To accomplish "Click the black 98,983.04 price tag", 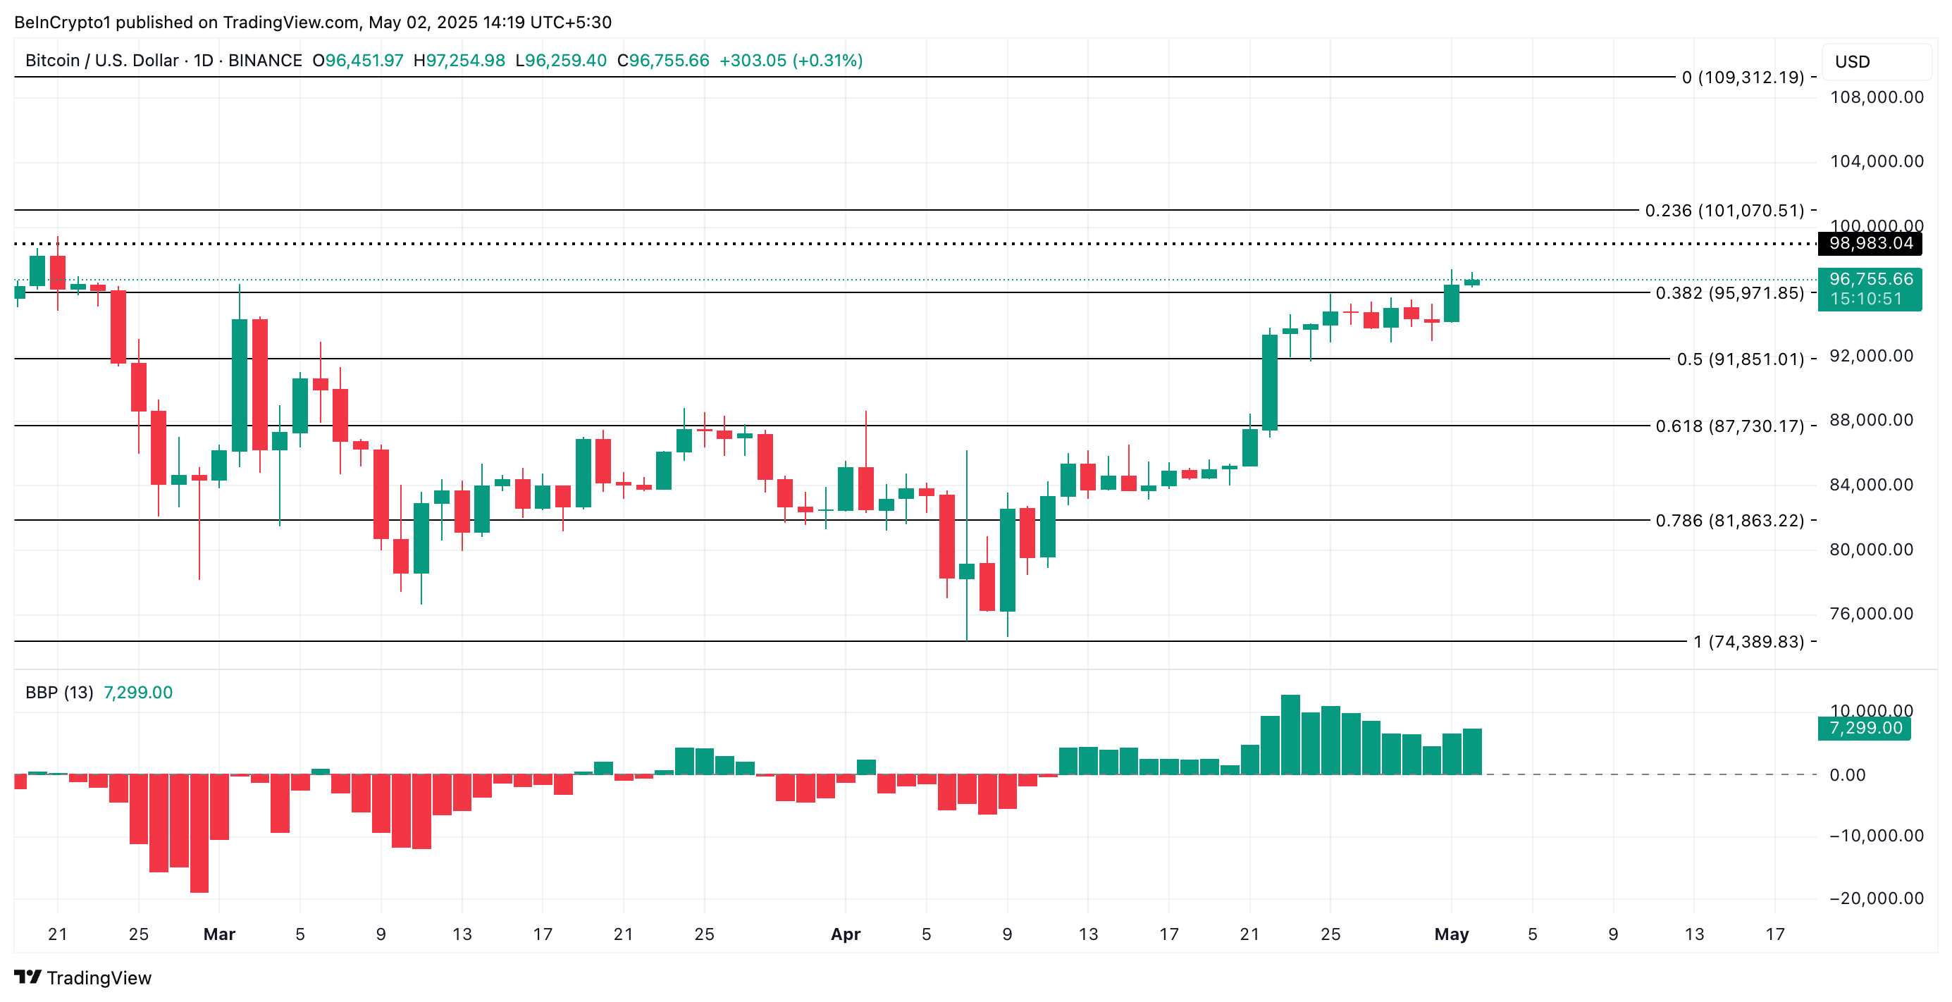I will tap(1870, 243).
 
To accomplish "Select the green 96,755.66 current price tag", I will tap(1870, 280).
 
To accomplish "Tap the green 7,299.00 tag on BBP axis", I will tap(1864, 729).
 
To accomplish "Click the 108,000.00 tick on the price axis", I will tap(1876, 97).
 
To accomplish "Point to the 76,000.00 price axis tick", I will tap(1871, 613).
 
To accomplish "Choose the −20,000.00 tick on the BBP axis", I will tap(1875, 898).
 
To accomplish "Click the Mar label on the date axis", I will tap(219, 934).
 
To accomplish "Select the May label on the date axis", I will tap(1451, 934).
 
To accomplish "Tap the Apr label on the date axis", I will tap(846, 934).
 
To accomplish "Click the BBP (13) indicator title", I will tap(59, 692).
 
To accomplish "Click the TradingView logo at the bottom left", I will tap(82, 978).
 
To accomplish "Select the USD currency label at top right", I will tap(1852, 62).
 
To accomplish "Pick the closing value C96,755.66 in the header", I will tap(663, 61).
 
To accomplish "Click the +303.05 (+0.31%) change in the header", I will tap(791, 61).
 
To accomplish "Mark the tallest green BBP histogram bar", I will tap(1290, 734).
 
